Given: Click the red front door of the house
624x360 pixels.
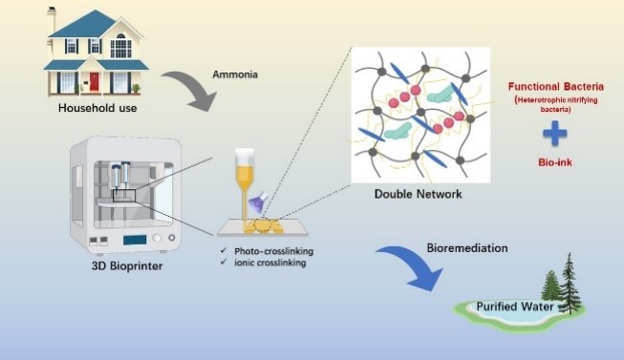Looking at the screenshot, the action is [x=94, y=81].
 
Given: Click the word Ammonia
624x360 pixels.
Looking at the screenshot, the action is [x=235, y=74].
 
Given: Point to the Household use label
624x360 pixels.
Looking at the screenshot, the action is [x=97, y=108].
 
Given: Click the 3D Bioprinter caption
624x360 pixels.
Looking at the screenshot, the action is [x=127, y=265].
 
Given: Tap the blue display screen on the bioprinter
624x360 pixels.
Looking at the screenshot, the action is [x=135, y=240].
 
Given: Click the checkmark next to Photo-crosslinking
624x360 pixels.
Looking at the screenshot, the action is [x=224, y=250].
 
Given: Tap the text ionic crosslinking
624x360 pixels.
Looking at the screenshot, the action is [x=269, y=263].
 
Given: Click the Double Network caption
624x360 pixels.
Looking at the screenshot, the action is [x=419, y=194].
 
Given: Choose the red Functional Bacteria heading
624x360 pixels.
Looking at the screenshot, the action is [x=555, y=86].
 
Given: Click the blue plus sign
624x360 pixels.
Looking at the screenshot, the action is [x=555, y=134].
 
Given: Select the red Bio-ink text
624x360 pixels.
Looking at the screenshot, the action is [x=555, y=162].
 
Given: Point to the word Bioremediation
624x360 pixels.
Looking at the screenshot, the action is [x=467, y=248].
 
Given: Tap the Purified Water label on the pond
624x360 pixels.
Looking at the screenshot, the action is [x=515, y=307].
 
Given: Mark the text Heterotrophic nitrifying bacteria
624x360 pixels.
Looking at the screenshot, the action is [x=556, y=104].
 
